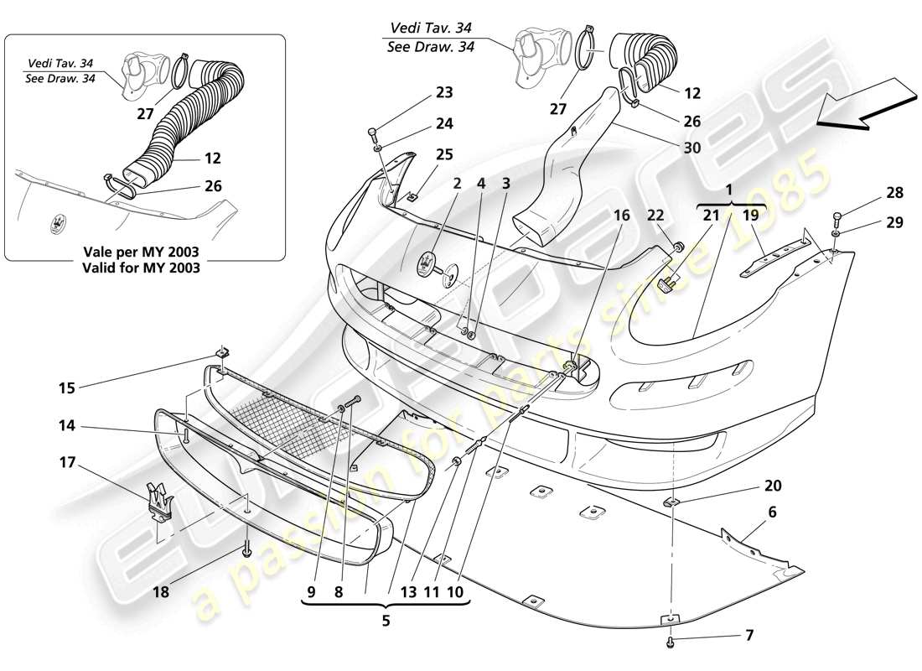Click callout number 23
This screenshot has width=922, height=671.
pos(443,93)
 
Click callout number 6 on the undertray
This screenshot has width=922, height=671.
pos(772,511)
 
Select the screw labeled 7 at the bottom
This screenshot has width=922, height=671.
pos(671,641)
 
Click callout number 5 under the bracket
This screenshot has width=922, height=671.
pos(386,622)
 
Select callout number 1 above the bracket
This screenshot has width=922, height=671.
pos(731,190)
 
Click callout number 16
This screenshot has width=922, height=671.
pos(620,216)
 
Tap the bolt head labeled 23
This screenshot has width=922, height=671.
pos(372,133)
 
